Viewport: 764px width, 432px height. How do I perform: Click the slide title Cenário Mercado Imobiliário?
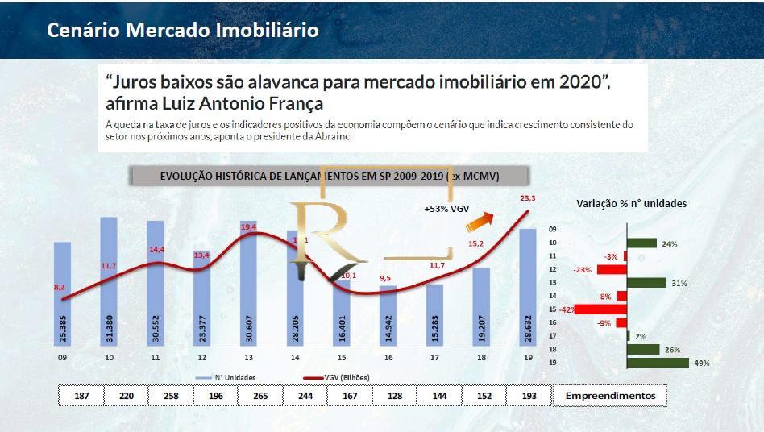pos(182,30)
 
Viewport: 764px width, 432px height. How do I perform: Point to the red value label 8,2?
pos(60,286)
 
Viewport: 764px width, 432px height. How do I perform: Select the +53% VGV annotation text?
pos(446,209)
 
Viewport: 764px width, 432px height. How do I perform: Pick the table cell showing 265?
pos(260,396)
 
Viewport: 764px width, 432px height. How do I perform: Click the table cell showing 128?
pos(394,396)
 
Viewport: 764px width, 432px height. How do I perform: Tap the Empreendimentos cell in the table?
pos(610,396)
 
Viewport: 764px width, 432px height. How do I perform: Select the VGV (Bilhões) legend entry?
pos(338,376)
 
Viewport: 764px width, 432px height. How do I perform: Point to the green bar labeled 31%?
pos(646,282)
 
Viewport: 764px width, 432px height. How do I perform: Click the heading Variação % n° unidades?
pos(631,204)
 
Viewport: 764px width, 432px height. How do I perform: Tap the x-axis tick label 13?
pos(249,357)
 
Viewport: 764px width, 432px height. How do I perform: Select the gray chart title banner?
pos(329,176)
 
